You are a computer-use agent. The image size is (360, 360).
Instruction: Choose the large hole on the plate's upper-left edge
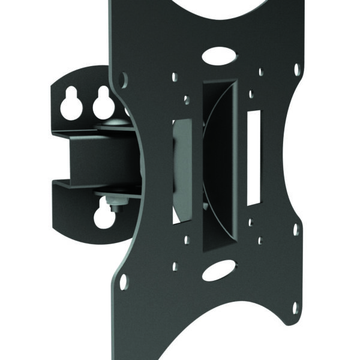coord(124,78)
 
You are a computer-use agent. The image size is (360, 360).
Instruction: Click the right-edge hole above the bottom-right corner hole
coord(295,230)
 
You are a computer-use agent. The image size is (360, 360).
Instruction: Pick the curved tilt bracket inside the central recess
coord(215,162)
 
